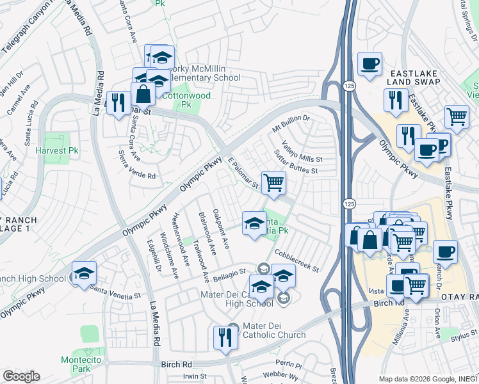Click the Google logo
[x=21, y=376]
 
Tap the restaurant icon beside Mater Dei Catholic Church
[x=225, y=337]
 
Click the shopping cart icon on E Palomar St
[x=273, y=182]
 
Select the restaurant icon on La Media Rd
[x=118, y=102]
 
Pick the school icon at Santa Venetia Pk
[x=254, y=223]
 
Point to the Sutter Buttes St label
[x=296, y=162]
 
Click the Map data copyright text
[x=428, y=378]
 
